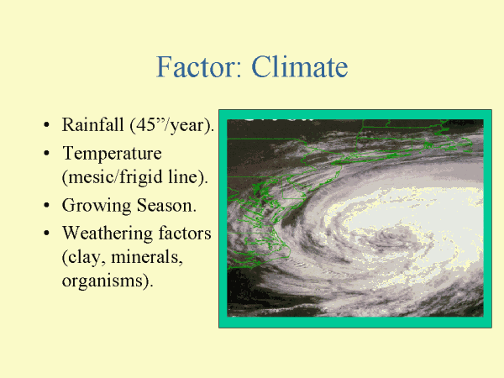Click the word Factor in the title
[x=198, y=66]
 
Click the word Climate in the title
[x=300, y=66]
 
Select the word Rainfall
[x=93, y=124]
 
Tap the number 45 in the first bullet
[x=145, y=124]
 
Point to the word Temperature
[x=113, y=154]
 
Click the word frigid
[x=141, y=177]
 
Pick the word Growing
[x=97, y=206]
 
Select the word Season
[x=165, y=206]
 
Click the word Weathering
[x=108, y=234]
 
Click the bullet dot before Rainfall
[x=46, y=124]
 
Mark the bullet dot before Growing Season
[x=46, y=206]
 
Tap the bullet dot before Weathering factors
[x=46, y=234]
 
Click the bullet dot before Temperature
[x=46, y=154]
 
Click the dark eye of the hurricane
[x=392, y=239]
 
